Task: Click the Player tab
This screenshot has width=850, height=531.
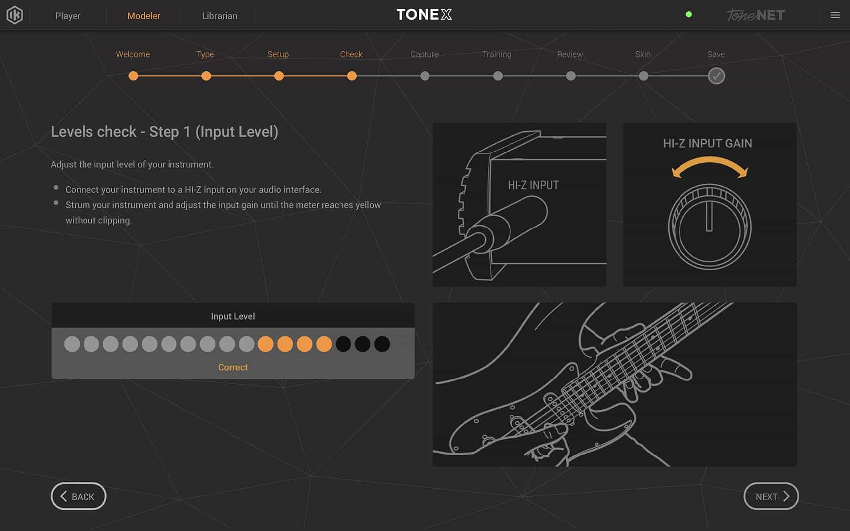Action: pos(68,16)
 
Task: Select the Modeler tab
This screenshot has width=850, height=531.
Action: pos(144,16)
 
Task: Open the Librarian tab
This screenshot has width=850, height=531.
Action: pos(219,16)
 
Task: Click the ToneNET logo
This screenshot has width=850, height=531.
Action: pos(755,15)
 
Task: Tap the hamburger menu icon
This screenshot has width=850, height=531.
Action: pos(835,15)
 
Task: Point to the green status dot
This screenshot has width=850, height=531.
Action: pos(689,15)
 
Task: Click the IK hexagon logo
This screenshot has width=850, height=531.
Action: pos(15,15)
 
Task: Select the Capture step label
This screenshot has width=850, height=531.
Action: pos(424,54)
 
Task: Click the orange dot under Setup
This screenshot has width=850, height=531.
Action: pos(279,76)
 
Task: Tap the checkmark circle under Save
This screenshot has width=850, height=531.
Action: pos(716,76)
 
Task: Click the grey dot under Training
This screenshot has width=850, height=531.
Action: pos(498,76)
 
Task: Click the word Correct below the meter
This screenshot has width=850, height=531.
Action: pos(233,367)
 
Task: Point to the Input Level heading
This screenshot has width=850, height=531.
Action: pos(233,316)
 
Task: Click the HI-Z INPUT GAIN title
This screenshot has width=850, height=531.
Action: pos(707,144)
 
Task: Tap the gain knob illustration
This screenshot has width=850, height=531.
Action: pos(709,227)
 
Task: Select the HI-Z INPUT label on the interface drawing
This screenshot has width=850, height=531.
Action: pos(533,185)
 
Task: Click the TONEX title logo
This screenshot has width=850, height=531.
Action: pos(424,15)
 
